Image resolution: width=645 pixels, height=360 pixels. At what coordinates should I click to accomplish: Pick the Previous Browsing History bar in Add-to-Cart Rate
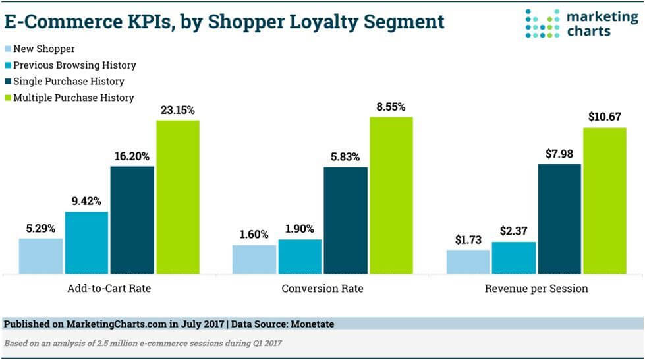point(86,242)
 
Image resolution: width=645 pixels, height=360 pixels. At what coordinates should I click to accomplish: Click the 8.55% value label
point(391,106)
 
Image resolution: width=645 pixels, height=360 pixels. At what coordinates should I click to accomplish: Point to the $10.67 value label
point(605,117)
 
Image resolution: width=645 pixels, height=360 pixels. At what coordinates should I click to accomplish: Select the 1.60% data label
point(254,234)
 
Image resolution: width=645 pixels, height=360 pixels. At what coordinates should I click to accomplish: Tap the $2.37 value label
point(513,231)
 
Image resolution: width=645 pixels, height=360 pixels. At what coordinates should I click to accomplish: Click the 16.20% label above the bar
point(132,156)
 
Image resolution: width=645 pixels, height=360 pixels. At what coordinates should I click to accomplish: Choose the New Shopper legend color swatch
point(9,49)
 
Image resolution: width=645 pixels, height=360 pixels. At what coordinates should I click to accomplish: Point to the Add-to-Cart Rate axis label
point(109,289)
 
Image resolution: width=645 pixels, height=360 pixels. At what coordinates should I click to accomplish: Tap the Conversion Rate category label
point(322,289)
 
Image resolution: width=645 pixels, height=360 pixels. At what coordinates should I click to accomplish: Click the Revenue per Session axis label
point(536,289)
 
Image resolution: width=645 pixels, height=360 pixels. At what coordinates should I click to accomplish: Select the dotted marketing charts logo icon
point(542,23)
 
